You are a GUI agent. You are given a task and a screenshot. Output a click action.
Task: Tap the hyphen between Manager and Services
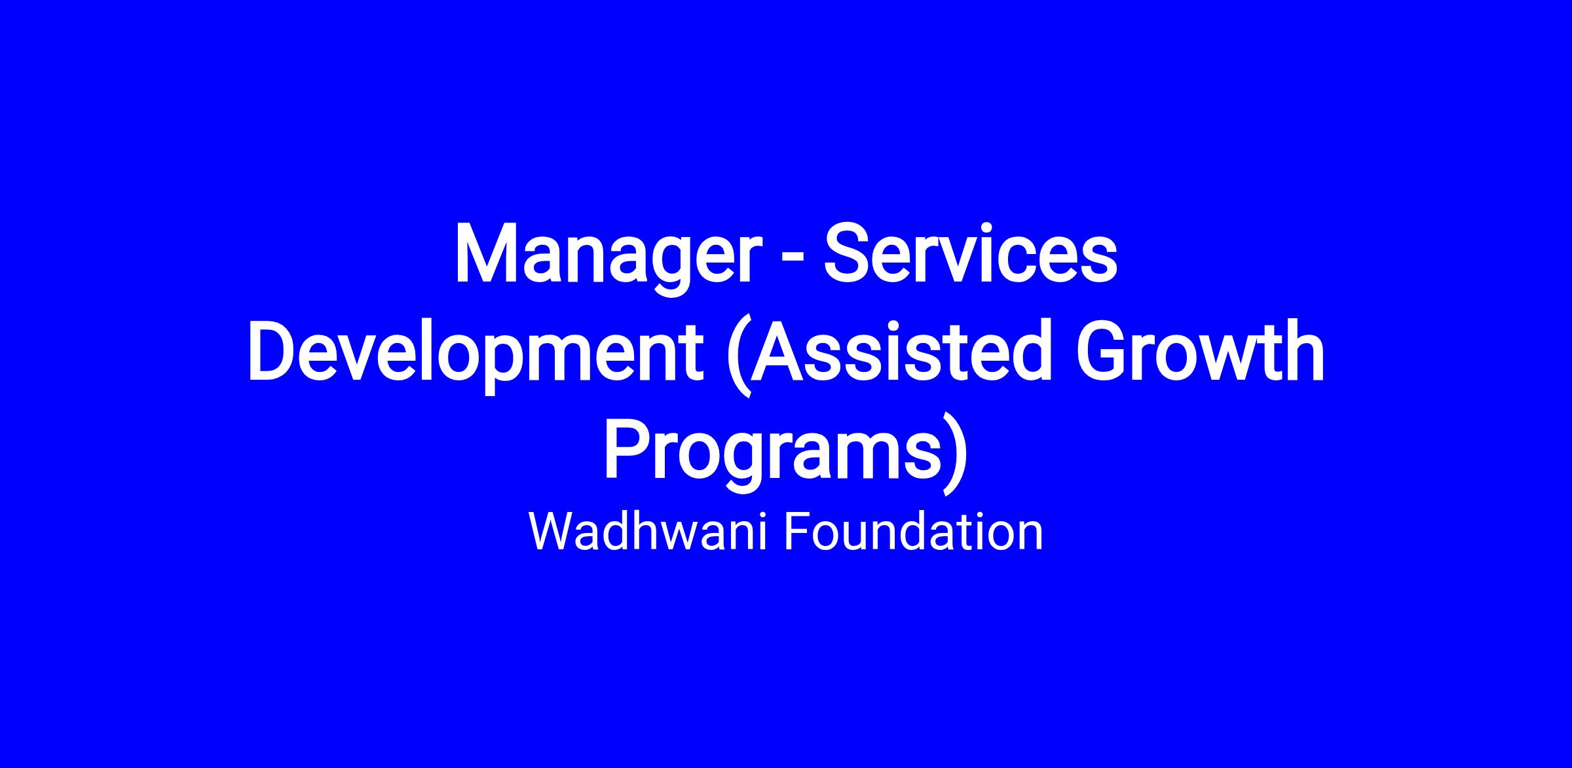coord(794,263)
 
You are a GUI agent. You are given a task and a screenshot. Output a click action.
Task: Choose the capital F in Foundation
coord(797,532)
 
